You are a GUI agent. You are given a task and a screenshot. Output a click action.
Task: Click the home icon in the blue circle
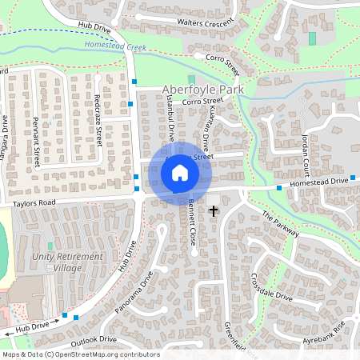(180, 171)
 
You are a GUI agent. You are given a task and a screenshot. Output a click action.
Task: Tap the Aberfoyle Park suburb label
(202, 90)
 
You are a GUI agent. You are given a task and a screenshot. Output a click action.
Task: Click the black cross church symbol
(214, 210)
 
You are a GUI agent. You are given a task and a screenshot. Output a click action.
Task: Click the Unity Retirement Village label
(68, 262)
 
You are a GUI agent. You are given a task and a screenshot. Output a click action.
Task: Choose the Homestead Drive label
(319, 182)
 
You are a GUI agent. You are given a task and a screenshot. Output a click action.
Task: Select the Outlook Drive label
(94, 340)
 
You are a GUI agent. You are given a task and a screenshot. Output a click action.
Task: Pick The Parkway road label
(279, 225)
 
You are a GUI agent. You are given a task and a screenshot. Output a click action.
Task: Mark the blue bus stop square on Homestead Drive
(279, 188)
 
